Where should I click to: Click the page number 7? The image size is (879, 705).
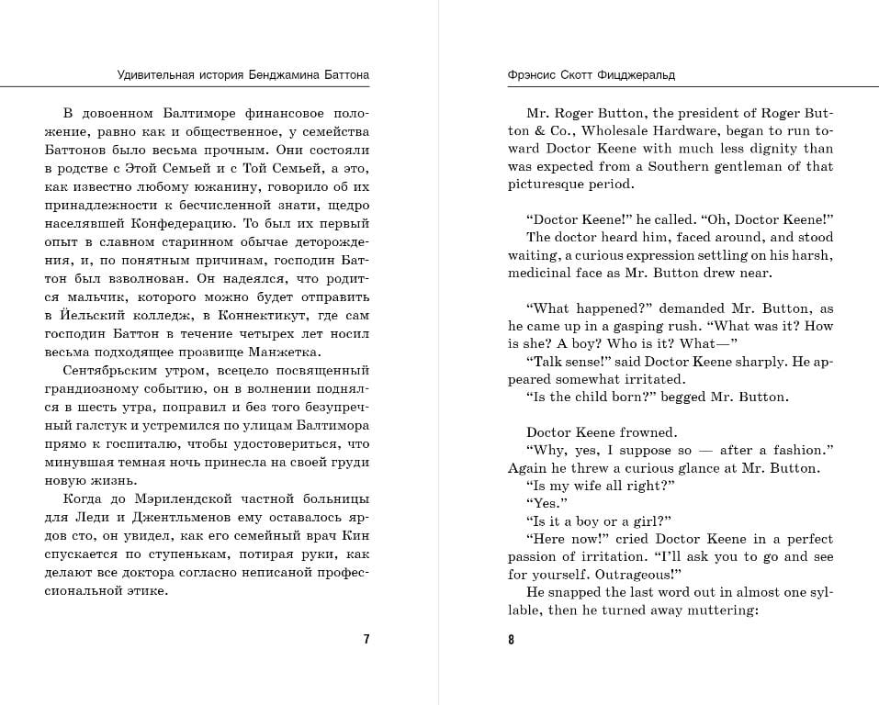pos(366,640)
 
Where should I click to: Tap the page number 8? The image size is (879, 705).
pos(512,640)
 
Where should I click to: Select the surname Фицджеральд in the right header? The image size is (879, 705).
pos(637,74)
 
